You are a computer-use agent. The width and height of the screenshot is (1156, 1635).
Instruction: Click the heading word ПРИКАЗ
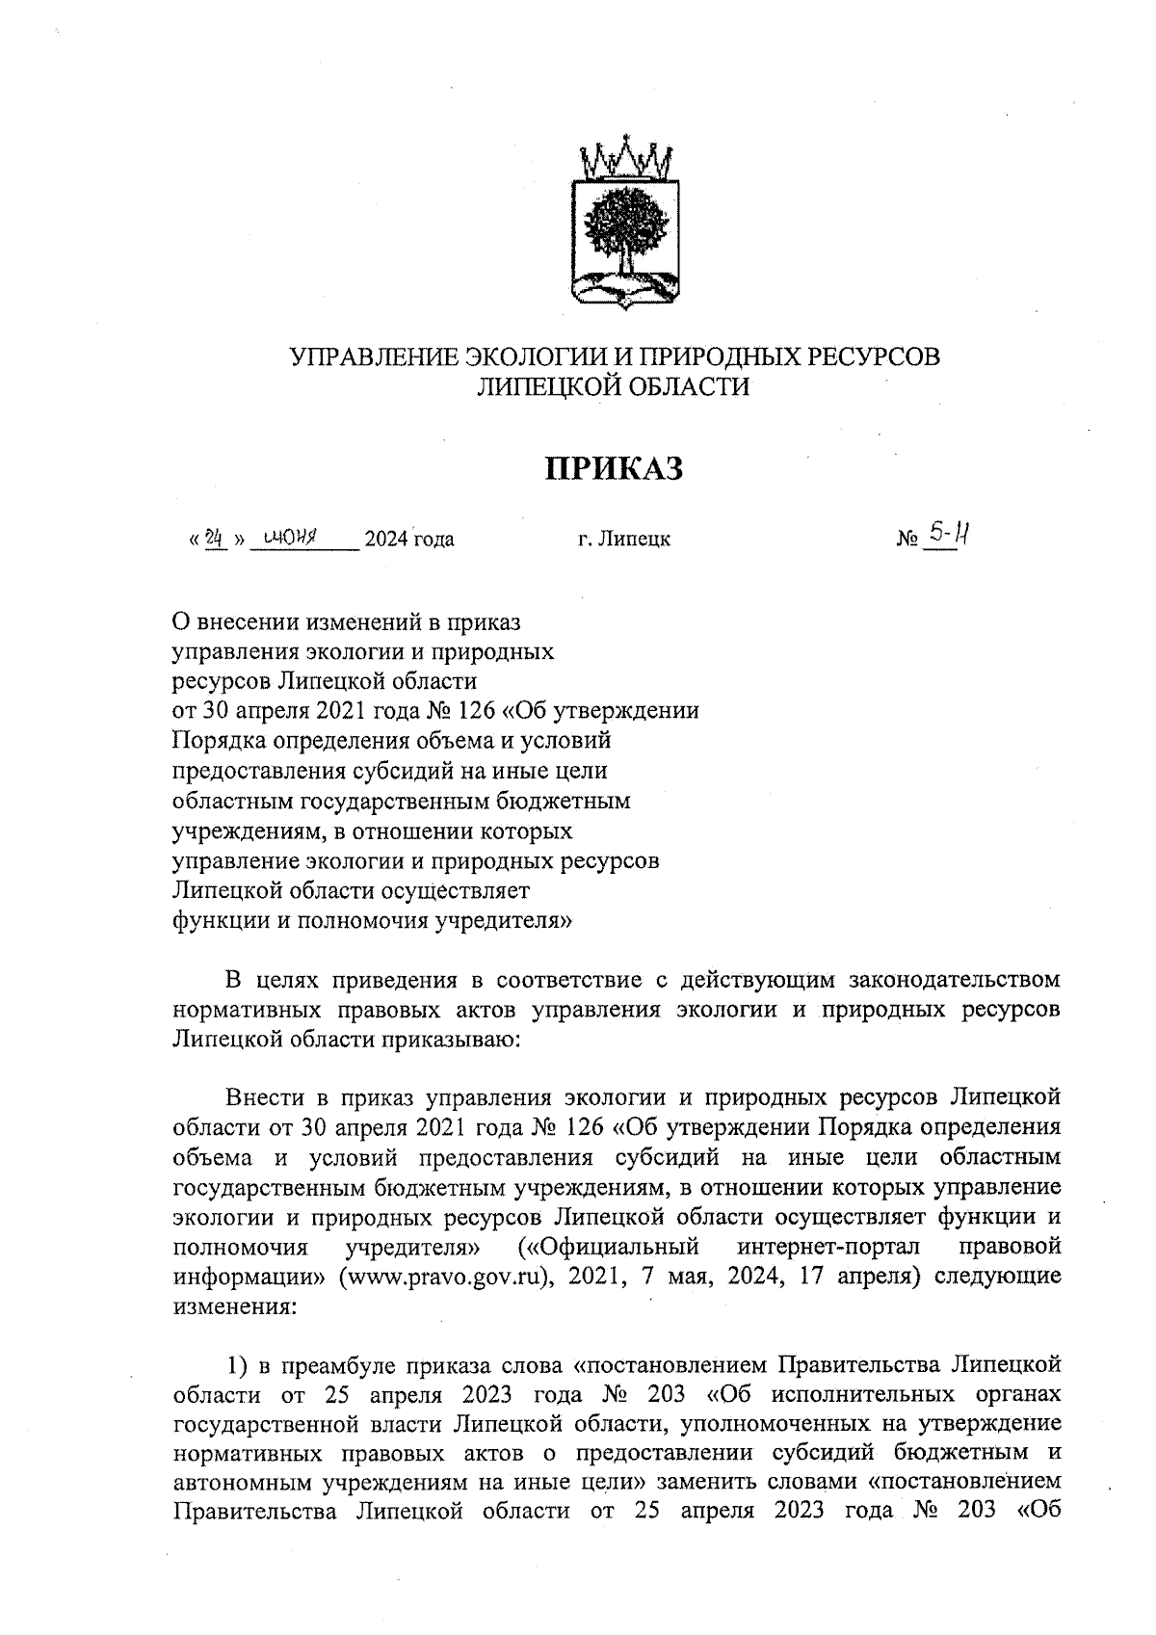[615, 469]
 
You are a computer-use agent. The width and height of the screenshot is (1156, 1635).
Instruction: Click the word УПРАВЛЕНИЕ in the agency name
[376, 356]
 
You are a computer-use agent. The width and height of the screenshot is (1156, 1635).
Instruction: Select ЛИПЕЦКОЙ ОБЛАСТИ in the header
[615, 387]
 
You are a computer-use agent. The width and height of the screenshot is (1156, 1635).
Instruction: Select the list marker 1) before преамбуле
[238, 1366]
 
